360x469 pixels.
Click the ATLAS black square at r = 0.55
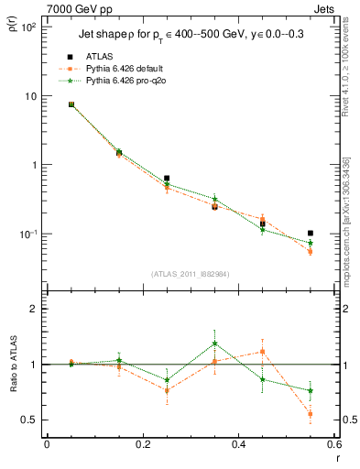point(311,234)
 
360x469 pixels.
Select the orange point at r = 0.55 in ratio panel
point(311,414)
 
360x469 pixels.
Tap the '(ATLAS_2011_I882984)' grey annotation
point(191,274)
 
